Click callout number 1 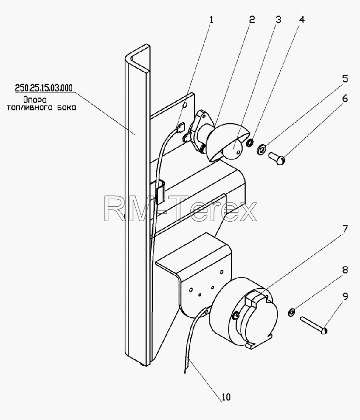coord(211,20)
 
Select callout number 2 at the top coord(252,20)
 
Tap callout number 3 coord(278,20)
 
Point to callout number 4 coord(302,20)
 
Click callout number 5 coord(345,79)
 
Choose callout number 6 coord(345,98)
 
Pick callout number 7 coord(345,229)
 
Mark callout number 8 coord(345,270)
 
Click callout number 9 coord(345,296)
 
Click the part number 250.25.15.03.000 coord(44,88)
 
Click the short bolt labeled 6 coord(277,158)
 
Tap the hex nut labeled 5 coord(262,148)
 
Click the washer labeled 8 coord(291,312)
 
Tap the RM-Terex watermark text coord(180,209)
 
